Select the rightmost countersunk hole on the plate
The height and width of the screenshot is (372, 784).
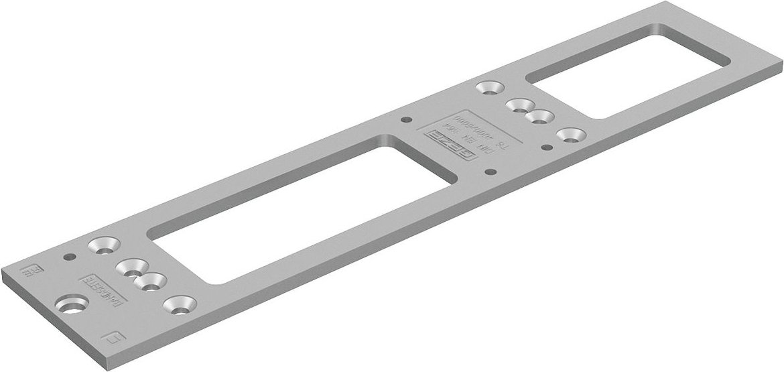[x=570, y=134]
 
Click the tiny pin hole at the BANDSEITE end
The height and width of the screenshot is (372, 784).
[x=67, y=257]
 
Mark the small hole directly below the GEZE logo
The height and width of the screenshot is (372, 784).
[x=497, y=171]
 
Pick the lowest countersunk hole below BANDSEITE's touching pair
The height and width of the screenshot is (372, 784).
[x=176, y=305]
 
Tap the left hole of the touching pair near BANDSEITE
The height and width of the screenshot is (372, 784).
[x=131, y=269]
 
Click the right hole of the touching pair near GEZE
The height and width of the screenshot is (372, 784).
[x=538, y=117]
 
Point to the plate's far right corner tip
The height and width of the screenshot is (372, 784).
[x=781, y=66]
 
